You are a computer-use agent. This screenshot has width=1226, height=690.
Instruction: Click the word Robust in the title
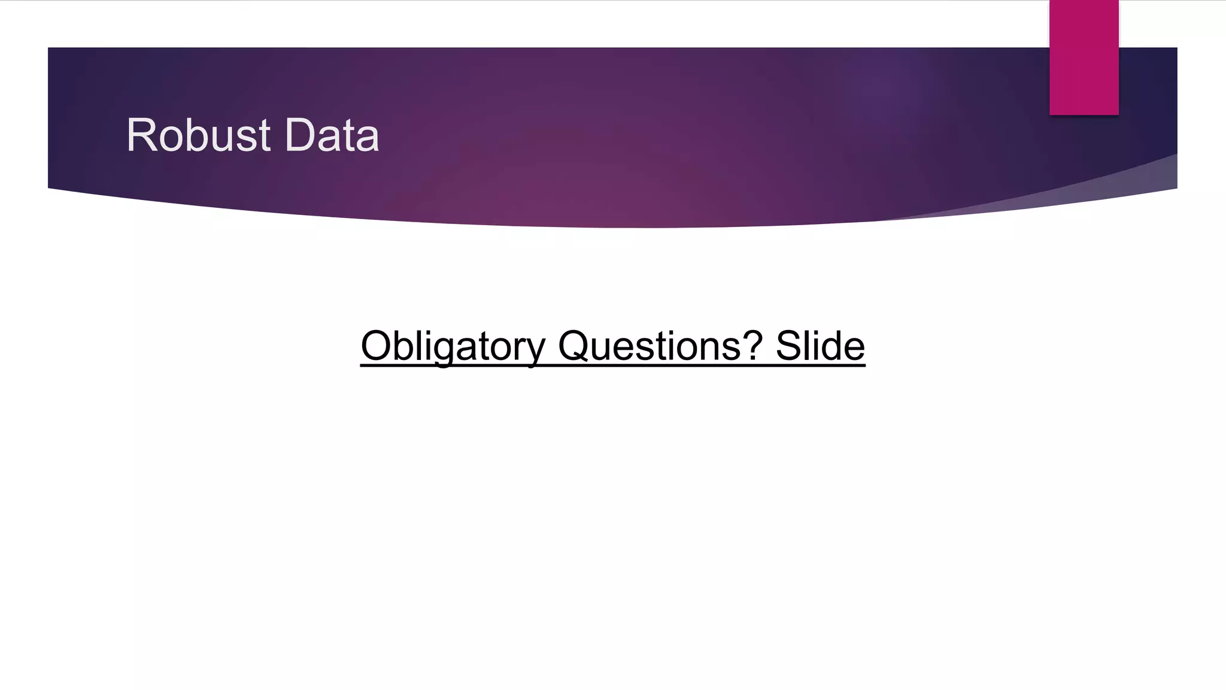tap(198, 135)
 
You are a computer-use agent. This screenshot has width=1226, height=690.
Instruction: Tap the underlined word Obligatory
tap(453, 346)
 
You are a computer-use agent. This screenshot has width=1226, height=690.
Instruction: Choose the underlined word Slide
tap(820, 346)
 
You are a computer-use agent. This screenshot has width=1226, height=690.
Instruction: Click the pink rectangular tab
tap(1084, 57)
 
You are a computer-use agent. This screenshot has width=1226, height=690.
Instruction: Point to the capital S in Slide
tap(789, 346)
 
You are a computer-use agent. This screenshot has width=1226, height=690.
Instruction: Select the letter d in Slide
tap(830, 346)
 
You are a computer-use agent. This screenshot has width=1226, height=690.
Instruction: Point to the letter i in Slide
tap(815, 346)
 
